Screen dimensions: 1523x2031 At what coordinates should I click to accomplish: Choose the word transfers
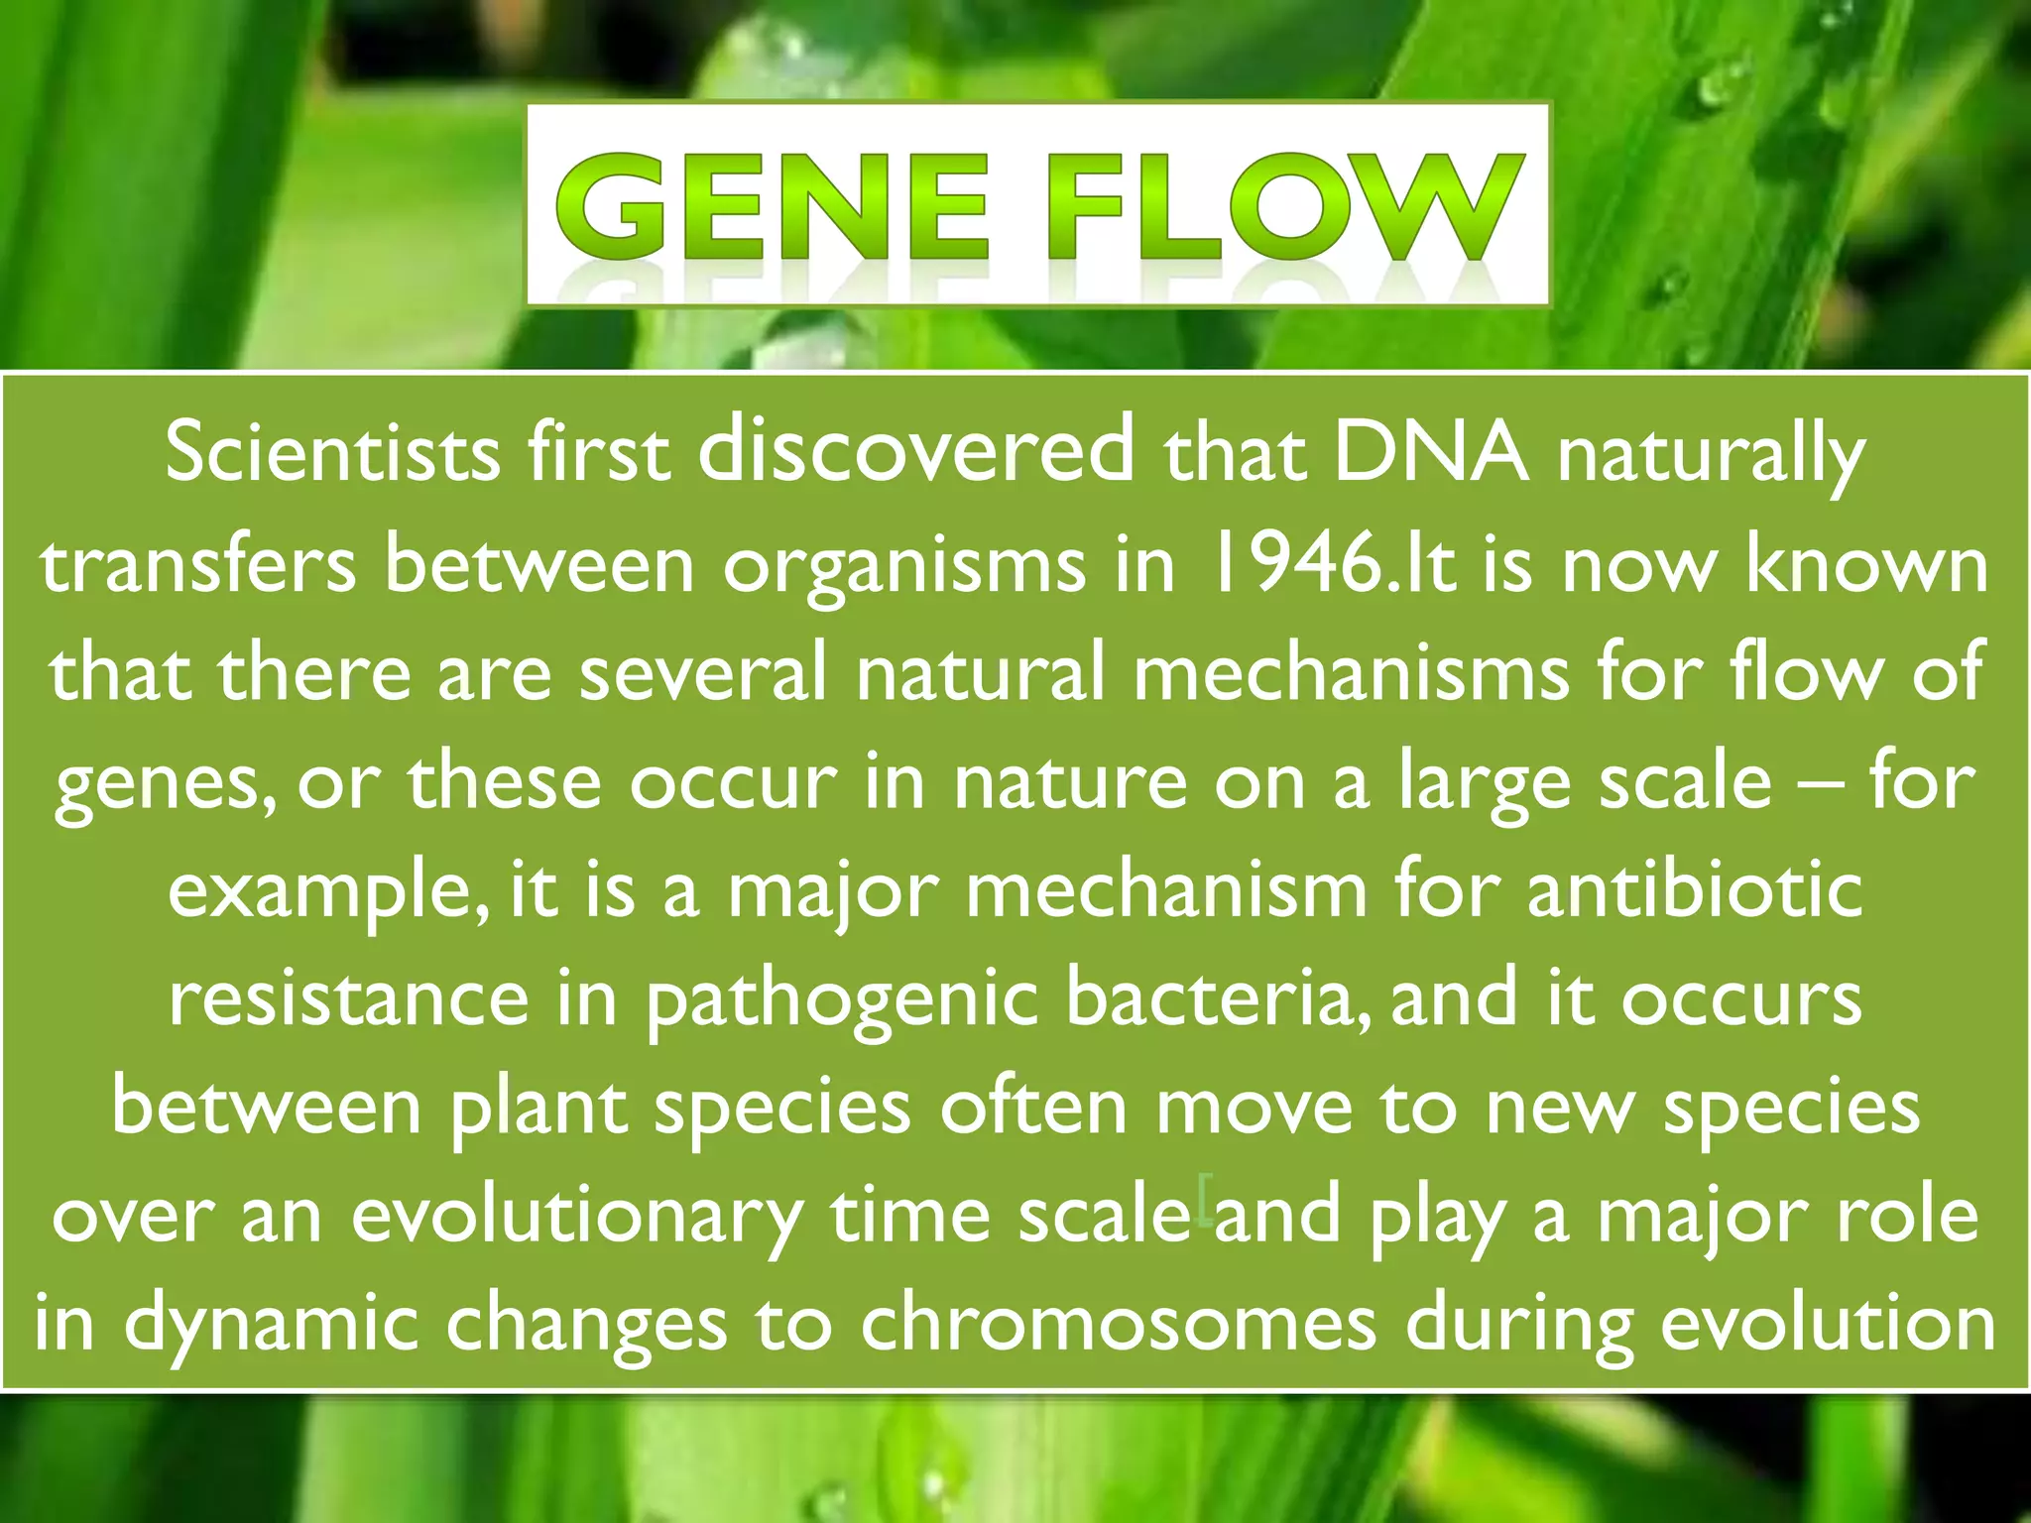(198, 565)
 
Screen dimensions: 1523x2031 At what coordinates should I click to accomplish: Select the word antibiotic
(1695, 890)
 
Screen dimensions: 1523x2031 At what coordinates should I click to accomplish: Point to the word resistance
(348, 999)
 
